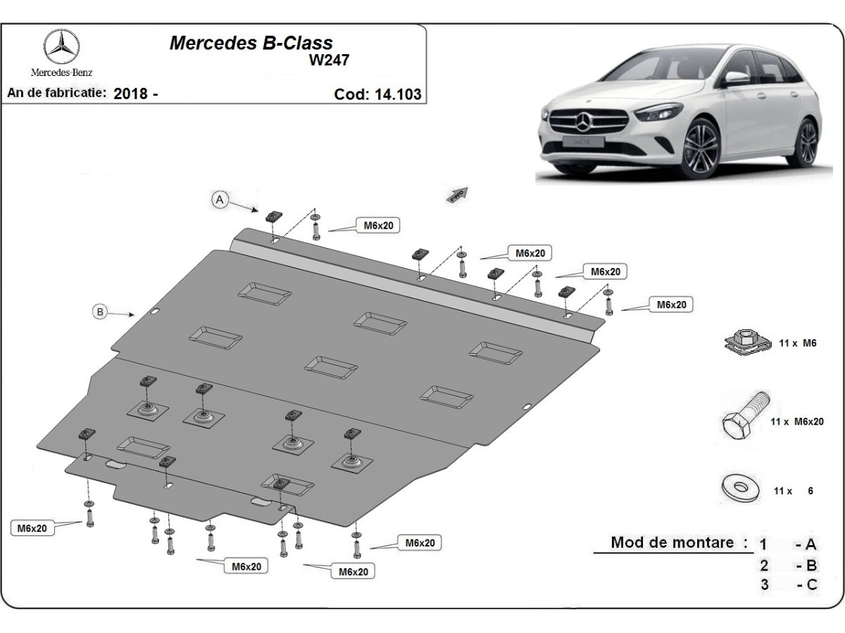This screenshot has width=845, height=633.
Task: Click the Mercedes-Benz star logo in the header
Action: click(61, 48)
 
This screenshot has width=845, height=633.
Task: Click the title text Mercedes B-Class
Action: click(251, 43)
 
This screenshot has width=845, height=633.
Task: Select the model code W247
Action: click(328, 60)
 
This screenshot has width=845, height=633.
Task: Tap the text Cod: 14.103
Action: click(377, 94)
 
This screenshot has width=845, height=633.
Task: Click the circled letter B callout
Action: click(101, 312)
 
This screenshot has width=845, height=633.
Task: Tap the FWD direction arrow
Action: click(458, 194)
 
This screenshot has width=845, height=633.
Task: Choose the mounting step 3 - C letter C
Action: click(811, 584)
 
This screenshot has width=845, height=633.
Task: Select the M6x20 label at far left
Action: click(32, 528)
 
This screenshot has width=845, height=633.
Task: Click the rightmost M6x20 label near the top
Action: click(671, 305)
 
